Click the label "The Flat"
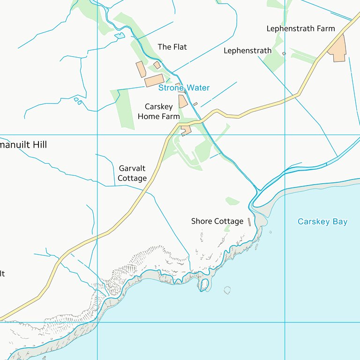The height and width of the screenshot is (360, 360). point(172,47)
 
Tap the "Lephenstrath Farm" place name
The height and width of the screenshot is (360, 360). point(300,29)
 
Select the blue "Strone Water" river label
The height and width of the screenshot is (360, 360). point(184,88)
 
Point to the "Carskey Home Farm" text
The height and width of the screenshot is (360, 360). point(158,112)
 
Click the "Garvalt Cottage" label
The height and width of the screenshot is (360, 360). point(132,173)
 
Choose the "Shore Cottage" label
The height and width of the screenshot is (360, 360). point(217,221)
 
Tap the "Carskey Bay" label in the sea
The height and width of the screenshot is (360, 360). point(322,222)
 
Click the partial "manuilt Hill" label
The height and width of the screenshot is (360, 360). point(23,145)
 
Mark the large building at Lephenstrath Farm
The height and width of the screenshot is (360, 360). point(338,48)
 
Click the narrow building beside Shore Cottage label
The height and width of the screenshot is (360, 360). point(249,222)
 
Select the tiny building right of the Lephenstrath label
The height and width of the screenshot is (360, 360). point(284,53)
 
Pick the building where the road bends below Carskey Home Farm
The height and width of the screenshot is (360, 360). point(186,130)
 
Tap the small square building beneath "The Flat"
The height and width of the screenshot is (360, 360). point(157,65)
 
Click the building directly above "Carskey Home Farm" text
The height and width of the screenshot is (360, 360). point(183,101)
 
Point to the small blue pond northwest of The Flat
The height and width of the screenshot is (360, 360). point(120,35)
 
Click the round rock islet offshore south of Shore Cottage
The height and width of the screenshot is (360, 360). point(227,290)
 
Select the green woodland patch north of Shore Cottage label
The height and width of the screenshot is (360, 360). point(232,202)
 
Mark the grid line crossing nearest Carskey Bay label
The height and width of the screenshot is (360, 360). point(285,135)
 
